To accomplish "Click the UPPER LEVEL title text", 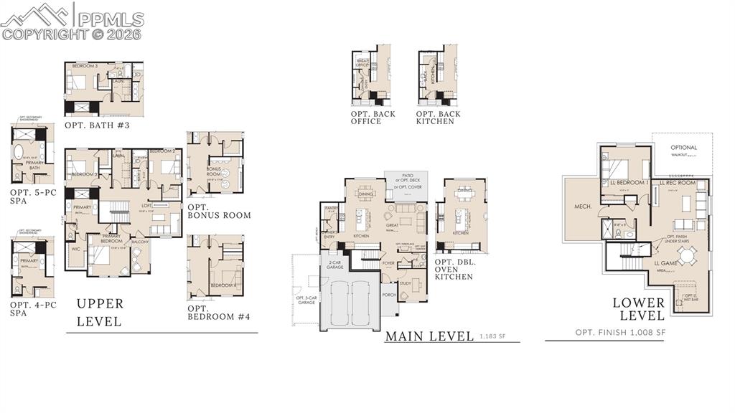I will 100,313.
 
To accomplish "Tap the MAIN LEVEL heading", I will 429,336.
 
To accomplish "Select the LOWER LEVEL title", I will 638,309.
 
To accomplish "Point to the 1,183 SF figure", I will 494,336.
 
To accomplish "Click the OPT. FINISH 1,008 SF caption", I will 621,333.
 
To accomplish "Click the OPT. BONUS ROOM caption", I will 219,211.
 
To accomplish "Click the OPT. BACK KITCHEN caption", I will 438,118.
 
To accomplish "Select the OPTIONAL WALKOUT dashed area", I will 683,151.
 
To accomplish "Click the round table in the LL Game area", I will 686,256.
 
